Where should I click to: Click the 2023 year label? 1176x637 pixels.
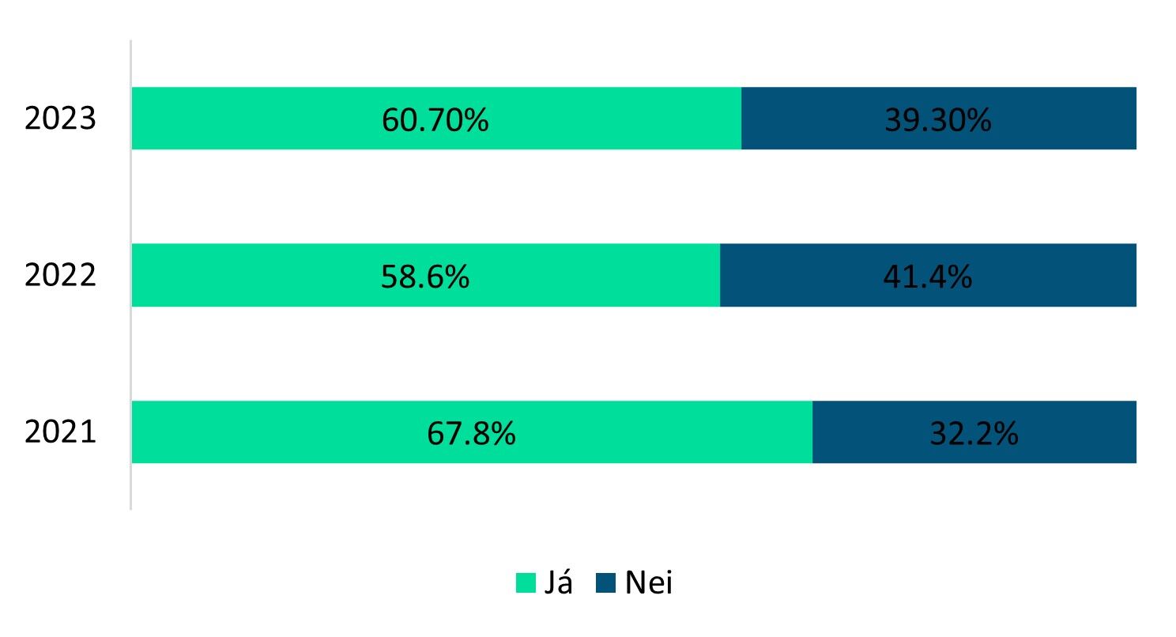(x=60, y=119)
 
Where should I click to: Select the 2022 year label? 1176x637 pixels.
(x=60, y=276)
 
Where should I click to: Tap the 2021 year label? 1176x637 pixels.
(x=60, y=433)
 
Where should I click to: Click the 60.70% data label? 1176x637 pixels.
(x=435, y=120)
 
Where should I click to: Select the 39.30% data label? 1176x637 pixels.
(x=938, y=120)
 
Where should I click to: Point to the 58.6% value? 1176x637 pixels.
(x=424, y=277)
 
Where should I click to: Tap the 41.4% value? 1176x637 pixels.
(x=928, y=277)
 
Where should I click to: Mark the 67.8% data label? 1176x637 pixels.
(x=471, y=434)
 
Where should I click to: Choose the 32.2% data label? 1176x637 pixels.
(x=974, y=434)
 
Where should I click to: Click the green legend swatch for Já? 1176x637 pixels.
(x=526, y=582)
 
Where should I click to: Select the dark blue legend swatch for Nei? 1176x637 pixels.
(x=606, y=582)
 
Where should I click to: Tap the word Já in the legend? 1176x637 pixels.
(x=558, y=582)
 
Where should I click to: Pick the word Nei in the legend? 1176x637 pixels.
(x=648, y=582)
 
